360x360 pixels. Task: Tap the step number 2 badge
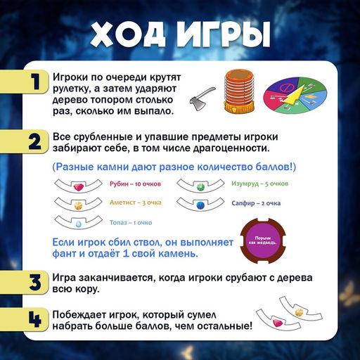click(33, 143)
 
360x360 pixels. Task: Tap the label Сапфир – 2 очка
click(256, 202)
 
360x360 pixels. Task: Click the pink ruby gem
click(79, 186)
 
